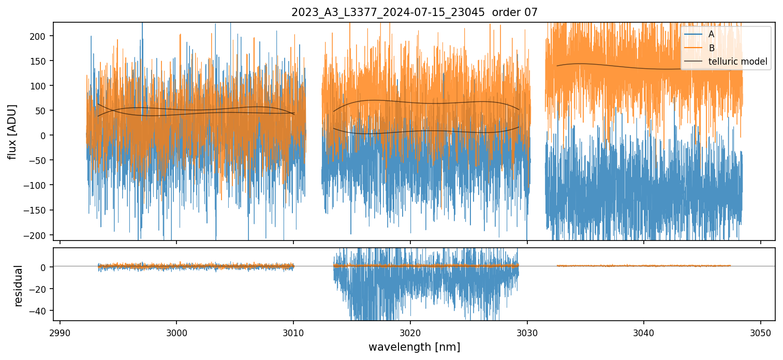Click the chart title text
[415, 12]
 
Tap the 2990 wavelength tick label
[60, 333]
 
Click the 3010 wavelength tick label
[293, 333]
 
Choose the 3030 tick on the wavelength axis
[527, 333]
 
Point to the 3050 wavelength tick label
[760, 333]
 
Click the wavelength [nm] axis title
[415, 347]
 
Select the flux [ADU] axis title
[12, 131]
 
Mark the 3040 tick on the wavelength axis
[643, 333]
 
